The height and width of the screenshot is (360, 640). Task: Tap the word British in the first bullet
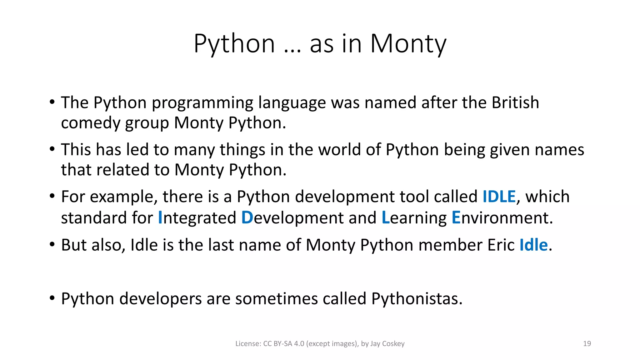point(515,102)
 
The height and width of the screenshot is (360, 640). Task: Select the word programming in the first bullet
point(202,103)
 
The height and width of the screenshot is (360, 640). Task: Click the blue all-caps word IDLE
point(499,197)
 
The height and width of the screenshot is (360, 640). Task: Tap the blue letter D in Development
point(247,217)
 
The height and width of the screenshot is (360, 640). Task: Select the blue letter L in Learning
point(386,217)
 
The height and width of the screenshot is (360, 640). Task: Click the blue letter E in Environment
point(456,217)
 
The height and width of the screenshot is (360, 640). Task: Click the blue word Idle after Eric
point(533,245)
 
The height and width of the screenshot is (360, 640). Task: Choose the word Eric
point(501,245)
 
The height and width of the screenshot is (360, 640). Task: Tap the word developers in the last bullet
point(161,299)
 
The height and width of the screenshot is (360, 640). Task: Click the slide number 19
point(587,344)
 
